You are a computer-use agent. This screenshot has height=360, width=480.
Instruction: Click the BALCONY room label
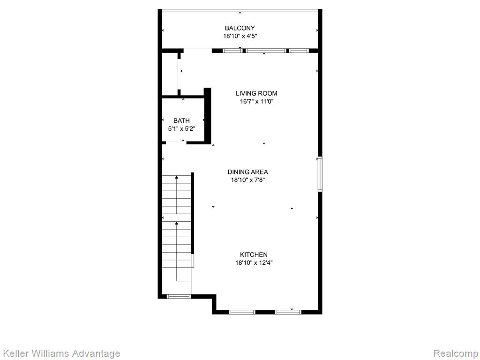pyautogui.click(x=240, y=28)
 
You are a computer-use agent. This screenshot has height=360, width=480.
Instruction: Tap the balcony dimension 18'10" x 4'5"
pyautogui.click(x=240, y=36)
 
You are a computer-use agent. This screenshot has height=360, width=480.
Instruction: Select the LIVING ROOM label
pyautogui.click(x=256, y=93)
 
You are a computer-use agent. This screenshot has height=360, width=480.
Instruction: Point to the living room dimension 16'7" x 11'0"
pyautogui.click(x=256, y=101)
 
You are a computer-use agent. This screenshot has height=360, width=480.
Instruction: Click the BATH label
pyautogui.click(x=181, y=120)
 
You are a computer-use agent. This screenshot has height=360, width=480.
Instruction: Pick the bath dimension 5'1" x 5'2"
pyautogui.click(x=181, y=128)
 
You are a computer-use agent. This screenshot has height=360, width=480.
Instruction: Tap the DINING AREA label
pyautogui.click(x=247, y=172)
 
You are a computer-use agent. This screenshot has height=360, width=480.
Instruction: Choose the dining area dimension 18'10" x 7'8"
pyautogui.click(x=247, y=180)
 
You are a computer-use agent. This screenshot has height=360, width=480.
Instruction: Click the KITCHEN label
pyautogui.click(x=254, y=255)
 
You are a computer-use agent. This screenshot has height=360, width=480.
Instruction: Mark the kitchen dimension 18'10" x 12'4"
pyautogui.click(x=254, y=262)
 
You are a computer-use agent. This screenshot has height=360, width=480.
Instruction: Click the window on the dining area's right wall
pyautogui.click(x=320, y=174)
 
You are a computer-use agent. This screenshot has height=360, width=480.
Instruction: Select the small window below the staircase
pyautogui.click(x=179, y=296)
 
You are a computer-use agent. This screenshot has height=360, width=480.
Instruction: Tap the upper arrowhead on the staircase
pyautogui.click(x=177, y=177)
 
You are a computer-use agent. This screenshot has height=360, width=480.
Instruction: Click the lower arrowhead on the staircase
pyautogui.click(x=177, y=223)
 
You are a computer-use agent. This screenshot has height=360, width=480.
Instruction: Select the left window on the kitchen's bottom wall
pyautogui.click(x=242, y=312)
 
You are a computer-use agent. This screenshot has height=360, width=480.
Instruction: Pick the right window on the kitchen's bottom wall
pyautogui.click(x=288, y=312)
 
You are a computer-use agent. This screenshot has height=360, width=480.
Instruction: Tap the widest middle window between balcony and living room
pyautogui.click(x=266, y=51)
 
